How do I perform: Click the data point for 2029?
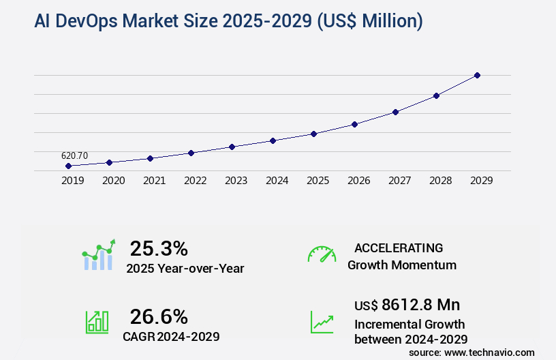pos(477,75)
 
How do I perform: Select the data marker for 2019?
pos(68,166)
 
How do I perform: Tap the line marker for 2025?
pos(313,134)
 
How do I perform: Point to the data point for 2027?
pos(395,112)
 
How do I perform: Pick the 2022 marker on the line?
pos(191,153)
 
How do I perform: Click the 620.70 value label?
pos(74,155)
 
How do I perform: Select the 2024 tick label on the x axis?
pos(277,181)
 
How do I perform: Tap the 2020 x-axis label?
pos(113,181)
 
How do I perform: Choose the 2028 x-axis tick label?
pos(440,181)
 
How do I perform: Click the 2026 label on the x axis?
pos(358,181)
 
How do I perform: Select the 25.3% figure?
pos(159,248)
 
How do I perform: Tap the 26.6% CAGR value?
pos(159,316)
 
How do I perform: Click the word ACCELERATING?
pos(399,247)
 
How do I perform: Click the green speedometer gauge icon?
pos(322,254)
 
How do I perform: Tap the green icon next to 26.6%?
pos(97,322)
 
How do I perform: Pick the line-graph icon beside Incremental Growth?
pos(322,322)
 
